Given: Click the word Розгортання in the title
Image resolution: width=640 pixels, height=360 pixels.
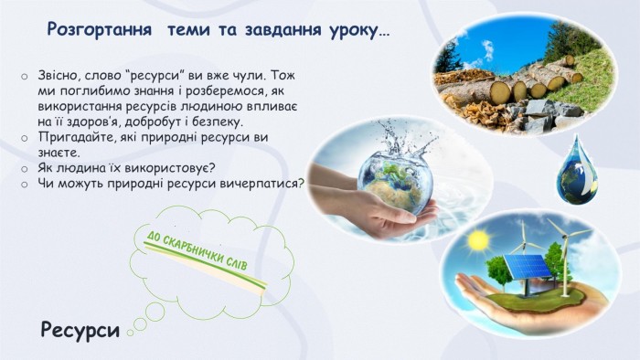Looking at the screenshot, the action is click(x=99, y=30).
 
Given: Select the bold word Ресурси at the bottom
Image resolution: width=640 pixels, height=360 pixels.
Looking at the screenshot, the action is click(x=80, y=330).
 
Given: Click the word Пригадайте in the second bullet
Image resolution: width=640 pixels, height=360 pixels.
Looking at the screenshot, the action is click(x=77, y=137).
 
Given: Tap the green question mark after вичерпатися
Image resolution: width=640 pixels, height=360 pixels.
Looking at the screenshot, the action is click(x=301, y=183).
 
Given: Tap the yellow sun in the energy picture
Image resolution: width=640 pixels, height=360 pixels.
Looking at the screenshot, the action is click(x=479, y=240).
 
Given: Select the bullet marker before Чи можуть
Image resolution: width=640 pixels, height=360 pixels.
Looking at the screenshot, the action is click(x=25, y=185).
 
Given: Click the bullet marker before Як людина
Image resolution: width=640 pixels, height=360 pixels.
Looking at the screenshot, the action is click(x=25, y=169).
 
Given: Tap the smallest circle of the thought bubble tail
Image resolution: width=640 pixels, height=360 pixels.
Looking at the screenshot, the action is click(x=130, y=333).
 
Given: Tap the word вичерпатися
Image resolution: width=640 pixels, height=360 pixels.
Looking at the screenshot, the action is click(x=259, y=183).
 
